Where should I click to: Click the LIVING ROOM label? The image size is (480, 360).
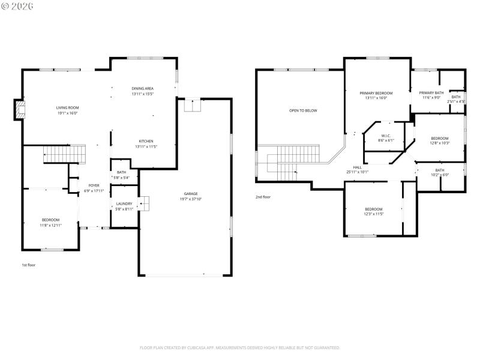68,107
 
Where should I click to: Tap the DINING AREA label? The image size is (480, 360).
143,89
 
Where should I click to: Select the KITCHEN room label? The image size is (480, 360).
146,141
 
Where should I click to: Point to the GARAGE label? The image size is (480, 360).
191,194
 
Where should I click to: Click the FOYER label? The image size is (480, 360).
94,185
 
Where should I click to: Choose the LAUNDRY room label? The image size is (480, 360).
124,203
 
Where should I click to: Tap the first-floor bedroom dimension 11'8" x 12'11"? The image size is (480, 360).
50,225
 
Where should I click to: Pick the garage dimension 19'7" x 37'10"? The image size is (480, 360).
191,199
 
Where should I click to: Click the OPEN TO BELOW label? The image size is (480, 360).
303,110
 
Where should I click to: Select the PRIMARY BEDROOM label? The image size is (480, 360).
376,93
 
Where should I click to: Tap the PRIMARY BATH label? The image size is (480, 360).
431,92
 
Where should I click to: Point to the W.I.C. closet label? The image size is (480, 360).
385,136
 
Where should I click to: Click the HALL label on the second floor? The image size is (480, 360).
357,167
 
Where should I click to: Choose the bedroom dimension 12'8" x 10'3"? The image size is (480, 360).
439,143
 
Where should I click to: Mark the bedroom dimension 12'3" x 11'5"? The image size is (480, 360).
373,214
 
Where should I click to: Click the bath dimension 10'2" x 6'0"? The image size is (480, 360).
440,175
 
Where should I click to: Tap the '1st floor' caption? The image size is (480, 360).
29,265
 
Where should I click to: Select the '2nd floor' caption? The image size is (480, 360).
263,197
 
